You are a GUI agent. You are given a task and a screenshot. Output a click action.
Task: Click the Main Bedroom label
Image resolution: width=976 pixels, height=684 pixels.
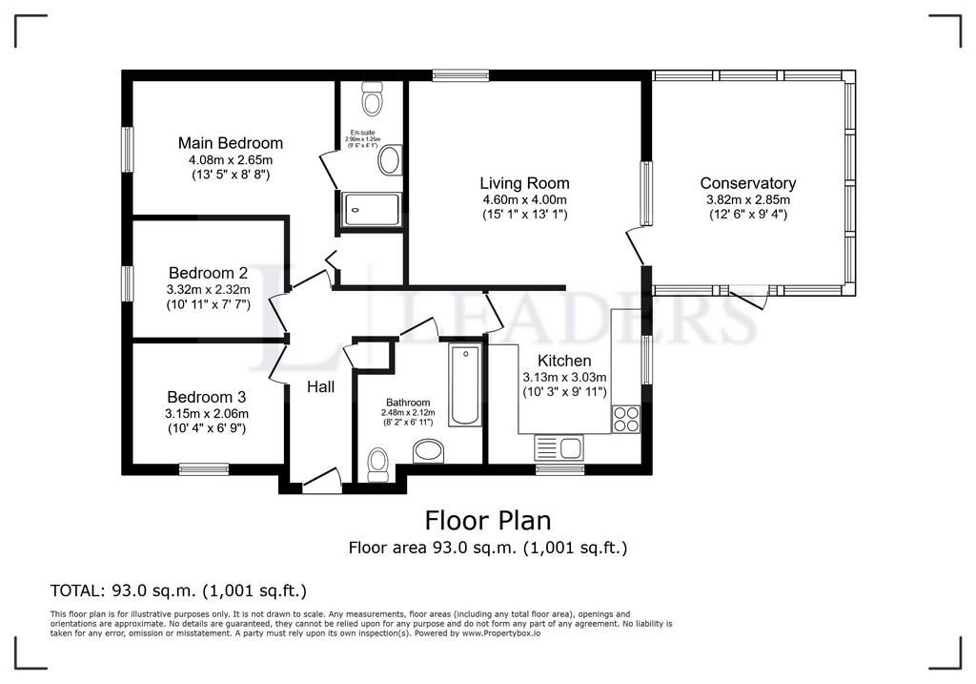230,143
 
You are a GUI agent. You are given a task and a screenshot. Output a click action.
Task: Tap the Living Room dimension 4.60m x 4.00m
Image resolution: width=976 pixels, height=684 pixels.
524,199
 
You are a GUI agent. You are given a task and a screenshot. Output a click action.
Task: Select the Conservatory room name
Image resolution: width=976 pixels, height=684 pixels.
747,183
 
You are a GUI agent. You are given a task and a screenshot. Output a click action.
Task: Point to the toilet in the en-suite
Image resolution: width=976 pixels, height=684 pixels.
372,98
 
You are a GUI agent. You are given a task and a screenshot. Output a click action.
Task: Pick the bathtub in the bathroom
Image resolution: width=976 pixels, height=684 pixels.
465,384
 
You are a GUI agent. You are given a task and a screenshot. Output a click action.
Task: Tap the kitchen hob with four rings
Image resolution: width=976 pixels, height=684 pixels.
625,420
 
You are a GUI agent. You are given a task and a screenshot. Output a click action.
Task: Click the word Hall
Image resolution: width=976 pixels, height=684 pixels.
320,387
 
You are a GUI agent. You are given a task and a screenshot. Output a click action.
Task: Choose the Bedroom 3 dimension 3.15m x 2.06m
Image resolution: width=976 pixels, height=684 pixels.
207,414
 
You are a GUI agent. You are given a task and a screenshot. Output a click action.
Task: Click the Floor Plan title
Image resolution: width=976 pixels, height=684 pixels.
487,521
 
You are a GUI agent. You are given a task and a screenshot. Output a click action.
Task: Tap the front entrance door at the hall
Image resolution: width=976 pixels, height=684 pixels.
322,481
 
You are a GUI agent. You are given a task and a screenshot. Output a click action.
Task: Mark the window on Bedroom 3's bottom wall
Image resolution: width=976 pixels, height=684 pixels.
203,468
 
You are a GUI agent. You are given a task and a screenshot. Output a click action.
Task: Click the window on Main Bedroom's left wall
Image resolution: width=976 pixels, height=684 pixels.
126,150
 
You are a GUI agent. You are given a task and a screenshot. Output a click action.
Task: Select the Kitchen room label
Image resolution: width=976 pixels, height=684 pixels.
564,361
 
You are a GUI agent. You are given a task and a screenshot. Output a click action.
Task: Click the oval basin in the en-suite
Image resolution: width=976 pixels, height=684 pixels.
390,159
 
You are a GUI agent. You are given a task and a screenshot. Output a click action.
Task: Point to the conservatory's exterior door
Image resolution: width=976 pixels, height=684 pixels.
750,298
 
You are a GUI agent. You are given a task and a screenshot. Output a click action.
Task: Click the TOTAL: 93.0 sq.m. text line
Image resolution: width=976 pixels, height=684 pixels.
177,591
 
